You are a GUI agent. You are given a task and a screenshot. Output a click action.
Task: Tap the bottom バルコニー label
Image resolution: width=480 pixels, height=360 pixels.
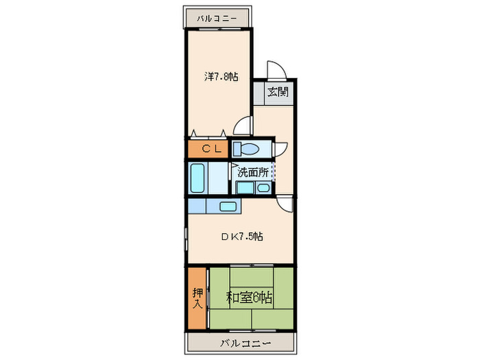[x=245, y=342]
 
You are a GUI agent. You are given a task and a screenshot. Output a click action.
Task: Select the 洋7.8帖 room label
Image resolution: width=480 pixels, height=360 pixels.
[x=221, y=77]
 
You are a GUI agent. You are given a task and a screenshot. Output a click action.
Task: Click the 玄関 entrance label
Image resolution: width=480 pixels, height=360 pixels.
[x=277, y=93]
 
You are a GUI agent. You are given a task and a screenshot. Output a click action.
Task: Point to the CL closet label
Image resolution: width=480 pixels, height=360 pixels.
[x=210, y=148]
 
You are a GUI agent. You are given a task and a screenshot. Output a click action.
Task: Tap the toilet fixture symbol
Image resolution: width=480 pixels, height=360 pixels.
[x=245, y=149]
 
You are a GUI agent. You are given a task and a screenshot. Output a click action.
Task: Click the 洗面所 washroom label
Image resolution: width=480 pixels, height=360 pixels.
[x=253, y=173]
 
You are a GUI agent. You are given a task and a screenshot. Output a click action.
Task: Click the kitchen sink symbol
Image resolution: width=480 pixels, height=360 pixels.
[x=228, y=206]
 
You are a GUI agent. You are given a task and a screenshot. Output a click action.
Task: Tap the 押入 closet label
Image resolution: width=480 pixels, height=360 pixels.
[x=197, y=299]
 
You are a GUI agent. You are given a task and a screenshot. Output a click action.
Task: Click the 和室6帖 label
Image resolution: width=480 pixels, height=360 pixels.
[x=250, y=298]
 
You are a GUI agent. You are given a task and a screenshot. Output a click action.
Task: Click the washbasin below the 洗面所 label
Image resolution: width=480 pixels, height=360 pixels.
[x=263, y=187]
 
